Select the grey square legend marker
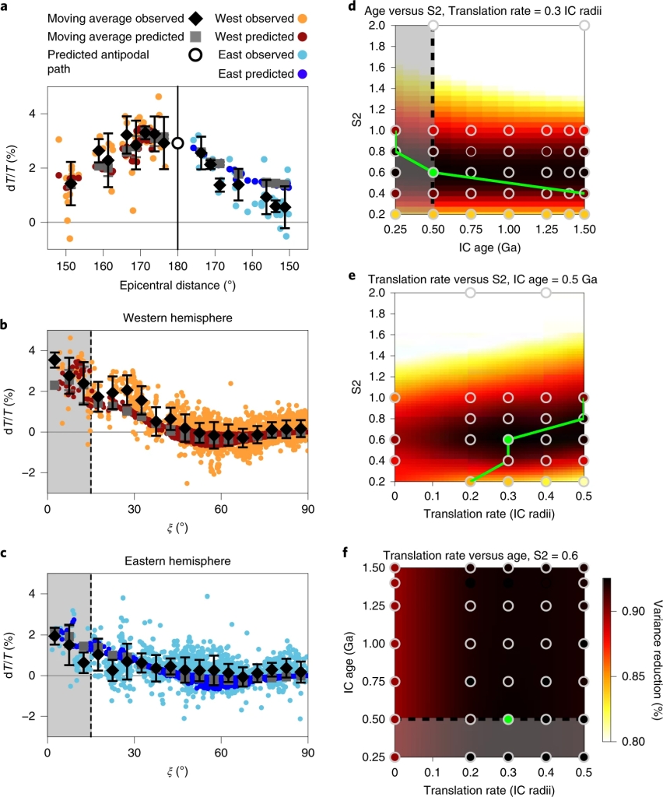(x=176, y=37)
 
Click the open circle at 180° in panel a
(x=177, y=143)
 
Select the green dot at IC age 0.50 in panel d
(x=433, y=172)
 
